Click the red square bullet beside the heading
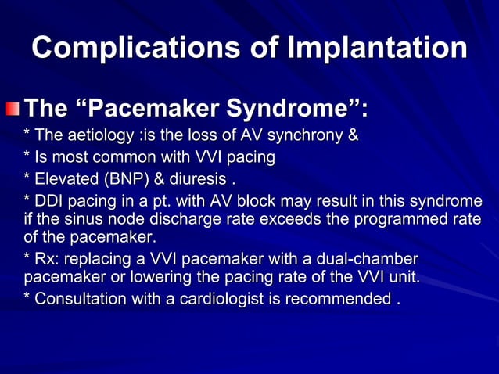coord(15,106)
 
